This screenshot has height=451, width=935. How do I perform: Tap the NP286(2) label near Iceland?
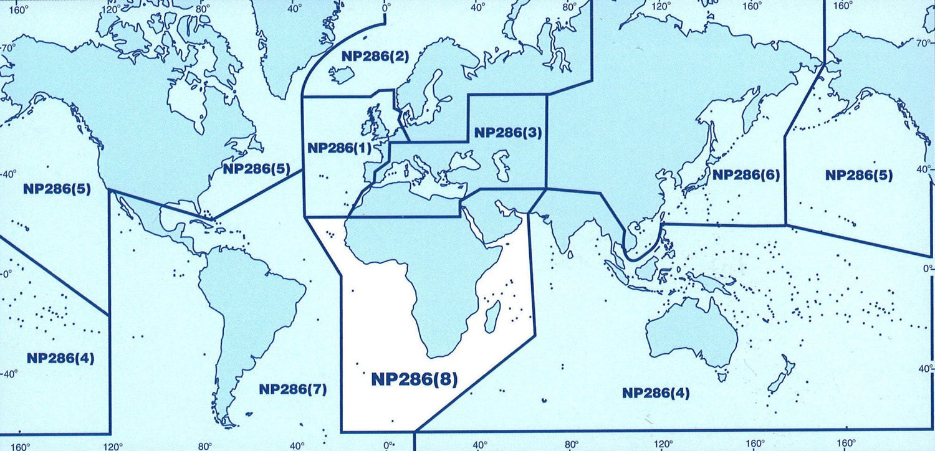coord(375,57)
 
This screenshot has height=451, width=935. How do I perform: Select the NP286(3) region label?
coord(508,132)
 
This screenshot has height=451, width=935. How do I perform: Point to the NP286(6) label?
coord(746,174)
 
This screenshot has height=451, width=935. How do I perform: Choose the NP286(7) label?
coord(292,389)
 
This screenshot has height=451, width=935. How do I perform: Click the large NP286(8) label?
coord(414,379)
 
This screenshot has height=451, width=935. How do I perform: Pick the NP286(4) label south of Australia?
coord(656,393)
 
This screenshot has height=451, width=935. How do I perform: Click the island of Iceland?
coord(342,75)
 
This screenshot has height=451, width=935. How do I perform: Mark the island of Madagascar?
coord(492,316)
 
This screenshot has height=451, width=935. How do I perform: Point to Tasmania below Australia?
coord(722,376)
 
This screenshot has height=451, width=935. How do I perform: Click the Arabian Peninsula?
coord(496,218)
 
